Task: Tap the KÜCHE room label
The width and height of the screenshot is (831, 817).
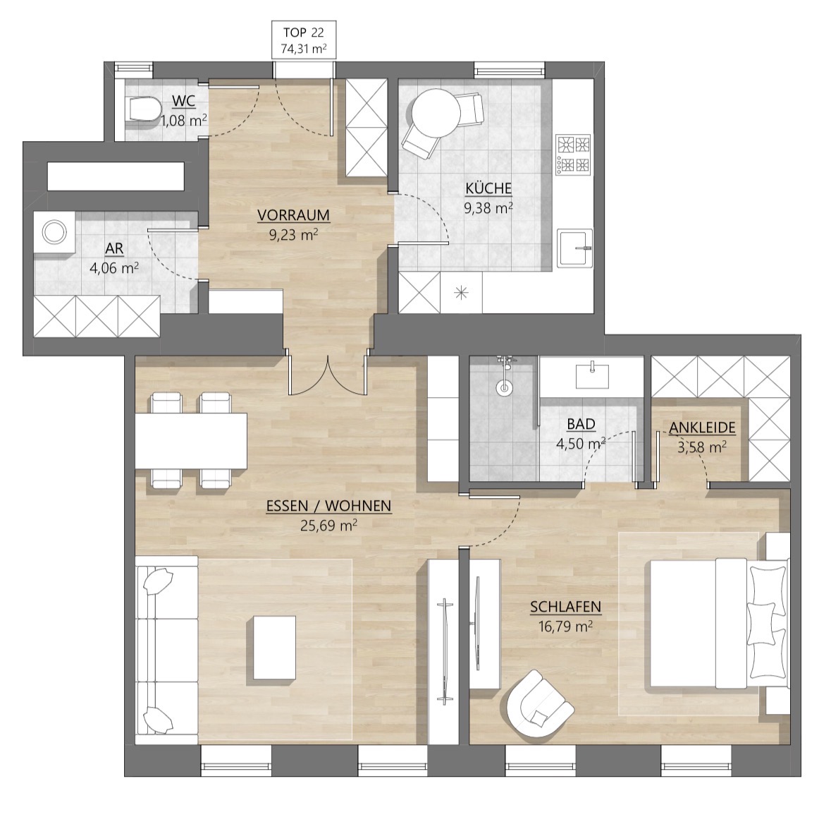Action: point(488,188)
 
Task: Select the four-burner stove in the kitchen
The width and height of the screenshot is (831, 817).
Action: point(573,155)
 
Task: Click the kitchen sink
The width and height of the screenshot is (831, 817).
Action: point(575,248)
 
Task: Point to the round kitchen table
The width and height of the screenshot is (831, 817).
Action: point(436,113)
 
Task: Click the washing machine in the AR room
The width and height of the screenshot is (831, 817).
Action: point(54,232)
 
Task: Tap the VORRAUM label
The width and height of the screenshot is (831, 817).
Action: point(293,215)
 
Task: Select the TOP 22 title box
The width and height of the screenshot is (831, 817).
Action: point(304,40)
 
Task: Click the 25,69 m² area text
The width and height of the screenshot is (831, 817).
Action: point(328,526)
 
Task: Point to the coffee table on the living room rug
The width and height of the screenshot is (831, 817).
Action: point(274,647)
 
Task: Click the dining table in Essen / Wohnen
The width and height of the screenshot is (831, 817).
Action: point(191,440)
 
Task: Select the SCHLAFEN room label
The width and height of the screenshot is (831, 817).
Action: point(565,607)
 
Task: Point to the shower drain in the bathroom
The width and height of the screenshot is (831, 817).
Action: point(504,387)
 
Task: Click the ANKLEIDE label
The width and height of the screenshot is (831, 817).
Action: point(702,428)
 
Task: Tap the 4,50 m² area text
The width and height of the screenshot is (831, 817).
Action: point(581,444)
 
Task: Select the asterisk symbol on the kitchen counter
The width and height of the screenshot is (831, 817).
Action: point(461,292)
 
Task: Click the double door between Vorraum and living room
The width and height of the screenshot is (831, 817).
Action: point(328,375)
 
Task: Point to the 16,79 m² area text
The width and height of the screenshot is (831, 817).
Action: point(565,627)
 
